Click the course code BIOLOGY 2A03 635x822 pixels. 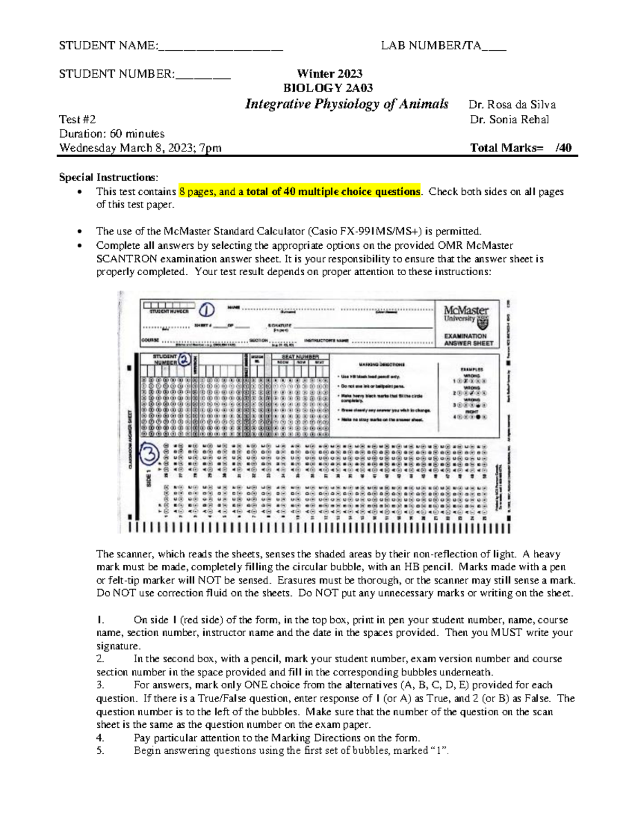click(x=328, y=88)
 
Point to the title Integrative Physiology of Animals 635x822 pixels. click(x=347, y=104)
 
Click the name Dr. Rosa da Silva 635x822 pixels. click(x=512, y=105)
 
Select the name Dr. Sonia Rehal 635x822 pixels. click(x=509, y=120)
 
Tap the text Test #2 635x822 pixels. click(x=77, y=120)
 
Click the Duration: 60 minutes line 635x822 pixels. click(x=112, y=134)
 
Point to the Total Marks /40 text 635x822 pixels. click(x=521, y=148)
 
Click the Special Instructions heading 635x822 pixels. click(x=108, y=177)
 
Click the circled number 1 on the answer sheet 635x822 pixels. click(x=206, y=310)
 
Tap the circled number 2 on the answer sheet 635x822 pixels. click(x=184, y=359)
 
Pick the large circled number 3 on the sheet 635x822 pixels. click(x=150, y=453)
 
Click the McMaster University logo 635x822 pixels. click(x=466, y=317)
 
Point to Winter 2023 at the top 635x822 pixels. click(x=329, y=74)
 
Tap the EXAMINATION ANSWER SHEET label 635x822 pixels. click(x=468, y=340)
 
